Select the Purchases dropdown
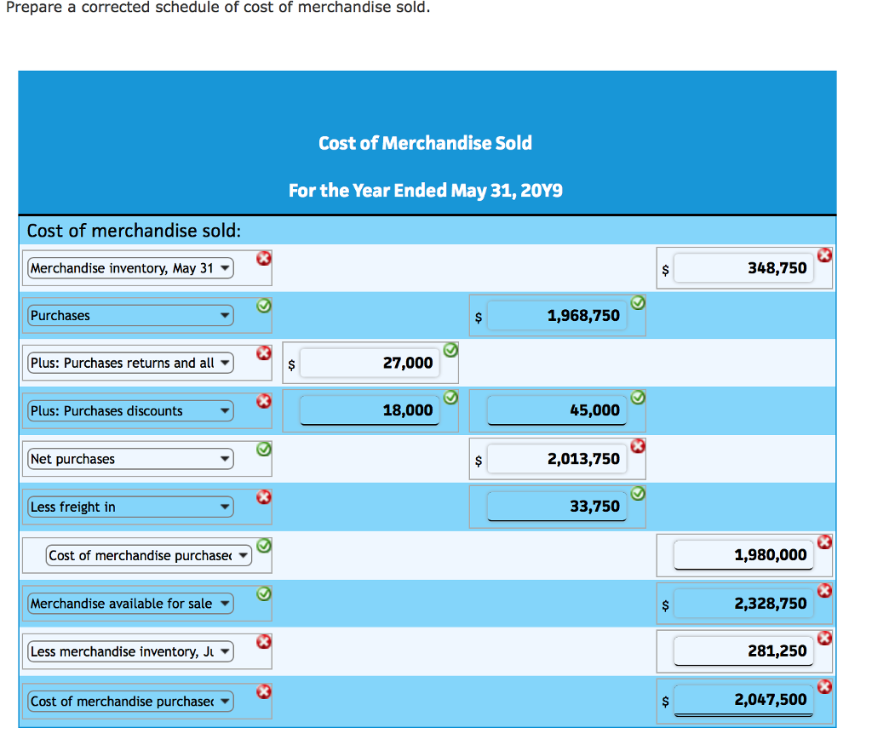tap(130, 316)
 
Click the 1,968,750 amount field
tap(557, 316)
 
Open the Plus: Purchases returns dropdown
tap(130, 364)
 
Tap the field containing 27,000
tap(370, 364)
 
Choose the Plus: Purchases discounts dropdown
tap(130, 411)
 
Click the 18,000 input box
tap(370, 410)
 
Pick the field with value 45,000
tap(557, 410)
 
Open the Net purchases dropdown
tap(130, 459)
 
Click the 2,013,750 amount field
tap(557, 459)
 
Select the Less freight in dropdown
tap(130, 507)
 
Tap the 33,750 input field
tap(557, 507)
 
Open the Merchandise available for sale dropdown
tap(130, 604)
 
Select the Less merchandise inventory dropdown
tap(130, 652)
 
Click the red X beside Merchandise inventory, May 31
tap(264, 258)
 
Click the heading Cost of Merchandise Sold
tap(425, 143)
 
